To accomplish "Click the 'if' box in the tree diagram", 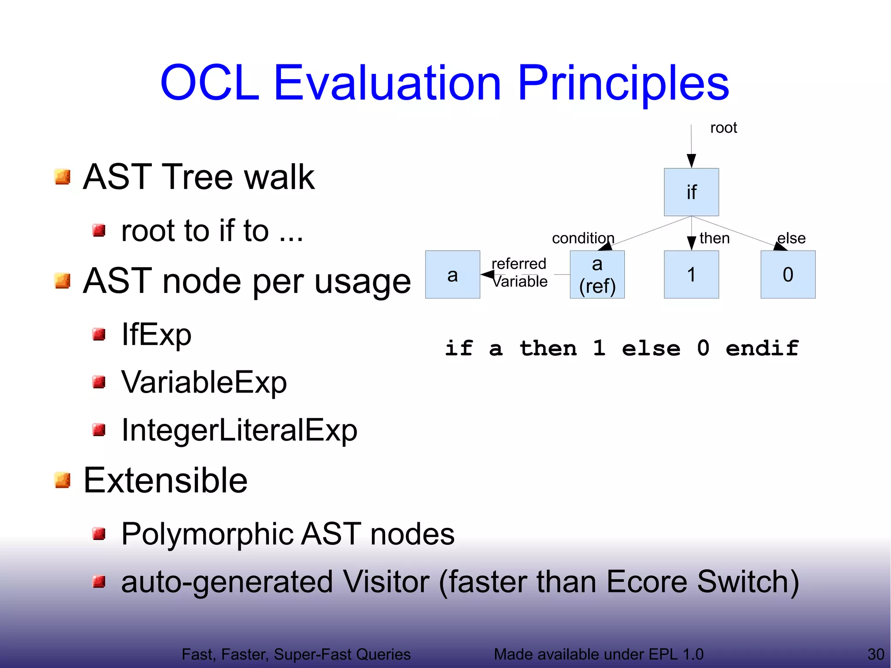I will pos(691,192).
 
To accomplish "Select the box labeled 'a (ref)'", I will pos(597,275).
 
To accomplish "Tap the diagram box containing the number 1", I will pos(691,275).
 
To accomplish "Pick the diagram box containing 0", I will pos(787,275).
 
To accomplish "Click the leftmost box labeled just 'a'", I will pos(452,275).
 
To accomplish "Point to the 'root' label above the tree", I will pos(724,128).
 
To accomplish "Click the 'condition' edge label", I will pos(583,238).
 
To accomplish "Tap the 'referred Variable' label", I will pos(519,272).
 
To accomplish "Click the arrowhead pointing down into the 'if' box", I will pos(691,161).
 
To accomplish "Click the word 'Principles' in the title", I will pos(623,83).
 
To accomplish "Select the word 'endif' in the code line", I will pos(762,349).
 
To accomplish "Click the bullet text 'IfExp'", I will pos(156,335).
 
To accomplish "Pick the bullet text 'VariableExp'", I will pos(204,383).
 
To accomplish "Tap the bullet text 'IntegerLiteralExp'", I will pos(239,430).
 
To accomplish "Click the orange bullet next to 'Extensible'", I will pos(63,480).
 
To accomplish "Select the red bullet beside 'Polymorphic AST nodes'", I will pos(99,534).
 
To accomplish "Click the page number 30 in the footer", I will pos(875,654).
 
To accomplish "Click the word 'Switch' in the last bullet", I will pos(747,582).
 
